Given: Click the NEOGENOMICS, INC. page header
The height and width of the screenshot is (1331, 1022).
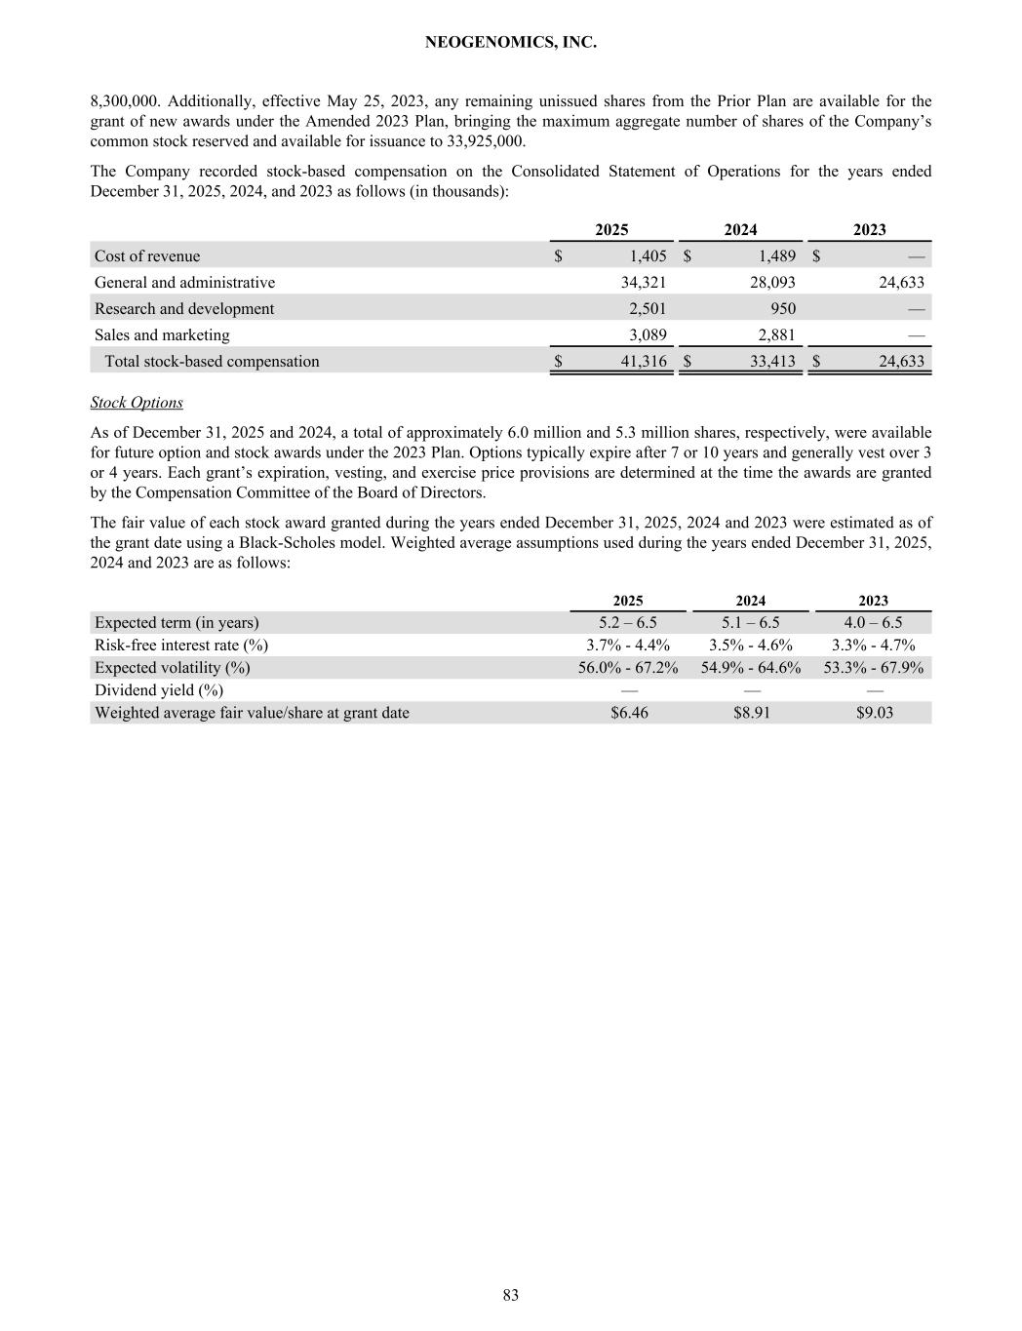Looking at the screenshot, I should coord(511,43).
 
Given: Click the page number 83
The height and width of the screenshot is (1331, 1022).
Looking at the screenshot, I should coord(511,1295).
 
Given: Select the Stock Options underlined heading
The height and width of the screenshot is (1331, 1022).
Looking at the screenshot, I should coord(137,403).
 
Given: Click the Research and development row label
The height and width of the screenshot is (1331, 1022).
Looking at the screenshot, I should coord(184,309).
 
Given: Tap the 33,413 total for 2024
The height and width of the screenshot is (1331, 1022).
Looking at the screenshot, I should coord(772,362).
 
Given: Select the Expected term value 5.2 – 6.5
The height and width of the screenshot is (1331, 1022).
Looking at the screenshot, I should coord(628,623).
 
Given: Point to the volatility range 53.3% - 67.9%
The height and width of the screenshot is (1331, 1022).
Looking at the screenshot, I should coord(874,668).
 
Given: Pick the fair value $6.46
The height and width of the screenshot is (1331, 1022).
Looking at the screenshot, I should coord(629,713).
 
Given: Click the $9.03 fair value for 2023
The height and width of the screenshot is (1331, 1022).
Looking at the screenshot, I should coord(874,713).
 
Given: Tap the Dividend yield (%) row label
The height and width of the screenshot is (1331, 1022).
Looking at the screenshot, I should coord(159,690).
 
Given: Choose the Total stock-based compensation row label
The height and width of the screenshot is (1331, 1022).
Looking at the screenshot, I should coord(212,362).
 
